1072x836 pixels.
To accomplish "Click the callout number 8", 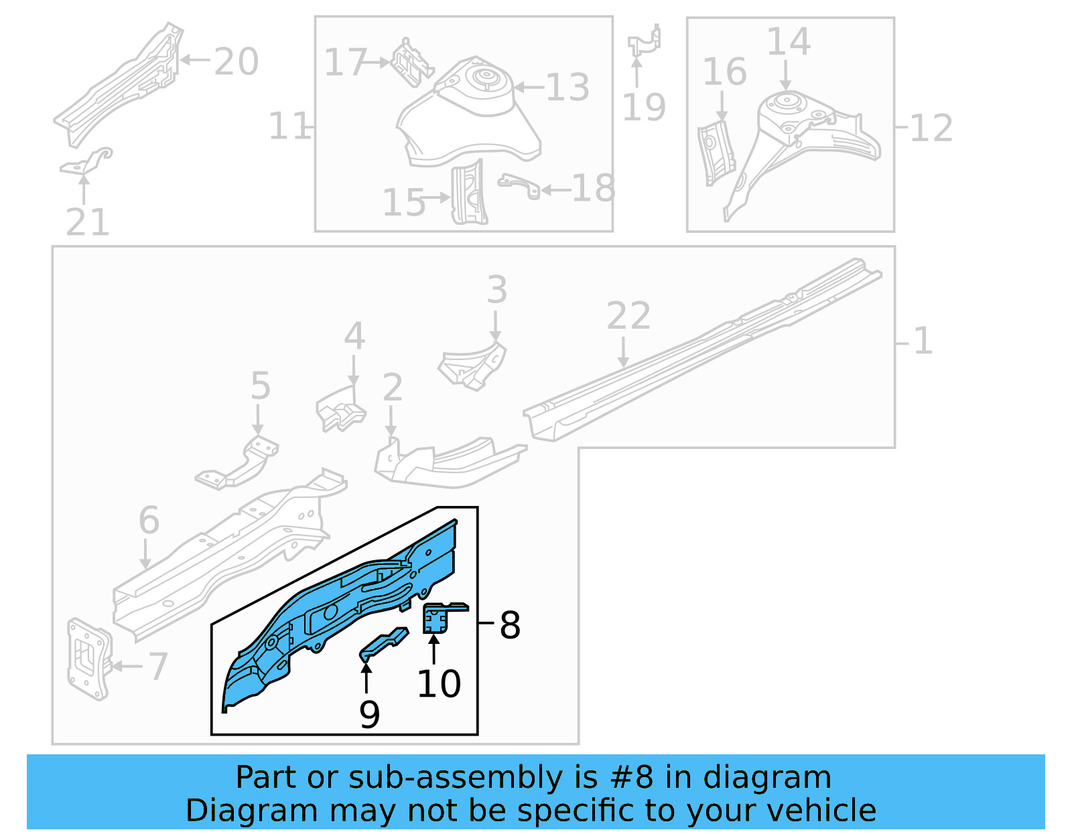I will click(510, 625).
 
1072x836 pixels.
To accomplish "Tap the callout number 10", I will click(439, 683).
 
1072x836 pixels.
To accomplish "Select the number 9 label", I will click(369, 714).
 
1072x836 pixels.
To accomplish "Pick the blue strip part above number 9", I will click(384, 644).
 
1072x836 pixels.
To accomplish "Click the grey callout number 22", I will click(628, 315).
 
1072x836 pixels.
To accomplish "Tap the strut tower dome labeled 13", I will click(472, 110).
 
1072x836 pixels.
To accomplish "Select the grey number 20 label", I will click(236, 62).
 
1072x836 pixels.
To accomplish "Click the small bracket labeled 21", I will click(87, 162).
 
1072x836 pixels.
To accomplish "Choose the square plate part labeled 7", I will click(88, 659).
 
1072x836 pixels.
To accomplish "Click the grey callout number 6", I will click(149, 520).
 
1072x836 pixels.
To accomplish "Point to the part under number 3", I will click(473, 365).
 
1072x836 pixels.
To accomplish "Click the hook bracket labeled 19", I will click(645, 42).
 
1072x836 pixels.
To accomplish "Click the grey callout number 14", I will click(788, 41).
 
